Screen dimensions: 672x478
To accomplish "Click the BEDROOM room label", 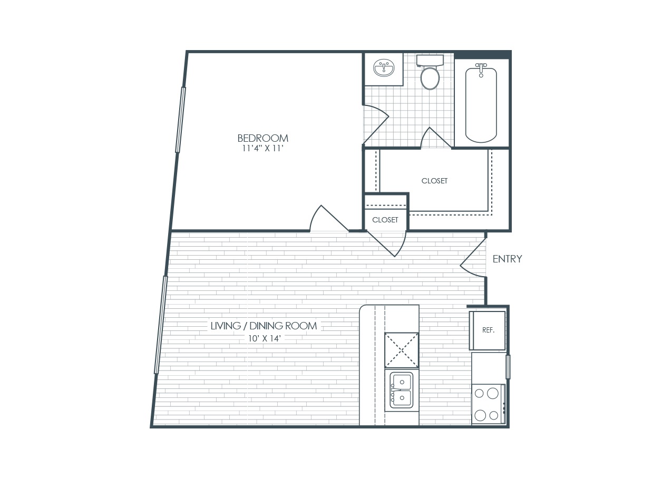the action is [263, 138].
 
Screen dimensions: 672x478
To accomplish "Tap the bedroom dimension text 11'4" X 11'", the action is [263, 149].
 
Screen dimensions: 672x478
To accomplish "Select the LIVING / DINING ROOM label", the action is [264, 326].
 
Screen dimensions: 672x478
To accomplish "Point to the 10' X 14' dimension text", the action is [264, 338].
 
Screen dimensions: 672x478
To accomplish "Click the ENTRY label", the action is [508, 259].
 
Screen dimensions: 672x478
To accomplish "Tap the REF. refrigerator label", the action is [488, 330].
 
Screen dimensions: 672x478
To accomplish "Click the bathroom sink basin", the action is [384, 68].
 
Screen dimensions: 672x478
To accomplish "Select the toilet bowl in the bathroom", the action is [430, 79].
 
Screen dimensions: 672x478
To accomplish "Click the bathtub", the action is [481, 105].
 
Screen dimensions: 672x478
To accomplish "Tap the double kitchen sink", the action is [402, 390].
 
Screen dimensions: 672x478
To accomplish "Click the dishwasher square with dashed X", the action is [402, 350].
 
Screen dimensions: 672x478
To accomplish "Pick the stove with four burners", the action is [488, 404].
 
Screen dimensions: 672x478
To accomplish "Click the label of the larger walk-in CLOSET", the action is [434, 181].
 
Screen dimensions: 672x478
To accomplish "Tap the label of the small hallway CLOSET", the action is [385, 220].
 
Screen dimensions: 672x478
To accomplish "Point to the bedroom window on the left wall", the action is [181, 120].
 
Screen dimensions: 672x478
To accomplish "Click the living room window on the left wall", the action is [161, 325].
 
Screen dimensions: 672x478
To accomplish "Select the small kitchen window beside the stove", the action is [508, 367].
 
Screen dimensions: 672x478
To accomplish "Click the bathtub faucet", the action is [481, 70].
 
